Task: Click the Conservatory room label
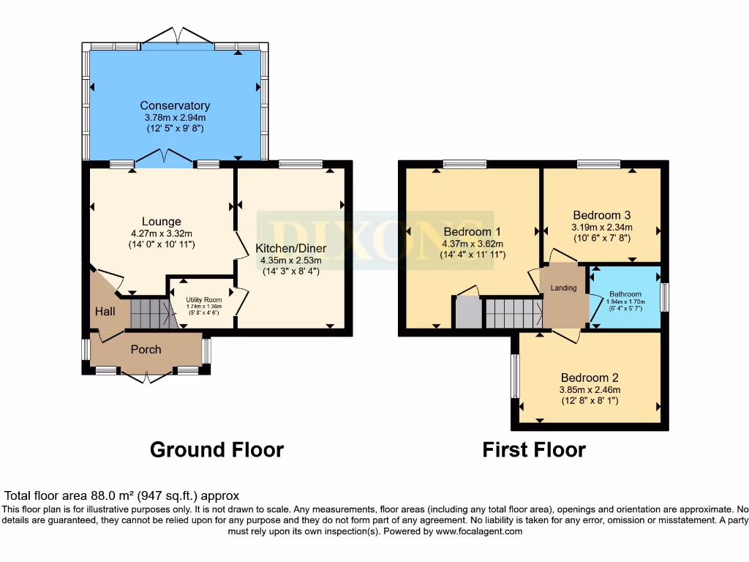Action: pos(175,105)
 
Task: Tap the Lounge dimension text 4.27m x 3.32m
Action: pos(162,233)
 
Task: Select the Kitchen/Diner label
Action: pos(291,249)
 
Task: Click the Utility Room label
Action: pos(204,299)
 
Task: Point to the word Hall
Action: pos(105,312)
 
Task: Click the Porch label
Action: pos(146,349)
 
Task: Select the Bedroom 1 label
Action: pos(472,232)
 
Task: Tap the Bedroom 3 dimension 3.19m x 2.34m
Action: pos(602,228)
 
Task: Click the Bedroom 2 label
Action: pos(590,378)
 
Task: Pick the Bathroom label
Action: pos(625,294)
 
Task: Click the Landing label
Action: pos(564,288)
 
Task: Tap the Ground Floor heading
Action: pos(217,450)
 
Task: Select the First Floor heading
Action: pos(534,450)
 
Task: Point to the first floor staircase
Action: pos(514,313)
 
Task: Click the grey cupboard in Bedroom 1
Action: pos(468,312)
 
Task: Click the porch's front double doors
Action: pos(146,377)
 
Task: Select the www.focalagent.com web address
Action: pos(478,531)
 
